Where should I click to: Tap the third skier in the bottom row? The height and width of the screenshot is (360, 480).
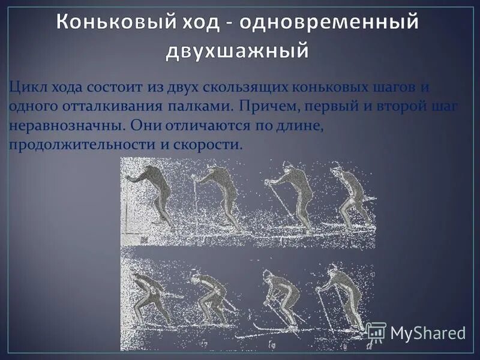(279, 297)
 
